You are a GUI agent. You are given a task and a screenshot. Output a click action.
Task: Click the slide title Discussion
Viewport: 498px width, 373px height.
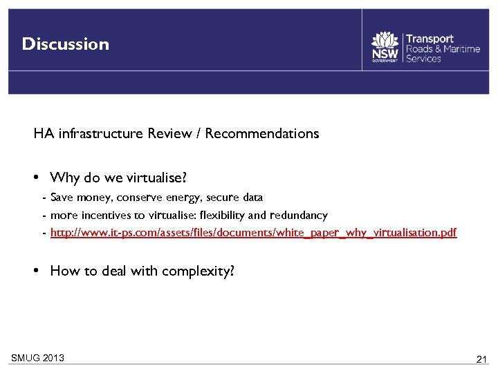pyautogui.click(x=66, y=44)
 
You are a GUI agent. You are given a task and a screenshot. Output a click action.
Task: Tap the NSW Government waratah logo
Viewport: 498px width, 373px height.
pyautogui.click(x=385, y=46)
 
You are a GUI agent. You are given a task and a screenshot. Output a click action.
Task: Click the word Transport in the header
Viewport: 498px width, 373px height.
pyautogui.click(x=430, y=39)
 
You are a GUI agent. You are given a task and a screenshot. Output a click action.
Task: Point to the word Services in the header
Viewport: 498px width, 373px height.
pyautogui.click(x=423, y=59)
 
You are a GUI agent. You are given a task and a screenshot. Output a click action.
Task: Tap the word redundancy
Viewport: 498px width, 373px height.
pyautogui.click(x=299, y=216)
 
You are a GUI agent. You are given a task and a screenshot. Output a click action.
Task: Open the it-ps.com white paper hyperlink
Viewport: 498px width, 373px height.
pyautogui.click(x=253, y=233)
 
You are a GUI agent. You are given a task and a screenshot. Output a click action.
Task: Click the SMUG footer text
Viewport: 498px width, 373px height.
pyautogui.click(x=25, y=358)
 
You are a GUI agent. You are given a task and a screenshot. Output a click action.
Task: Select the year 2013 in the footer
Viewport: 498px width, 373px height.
pyautogui.click(x=53, y=358)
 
